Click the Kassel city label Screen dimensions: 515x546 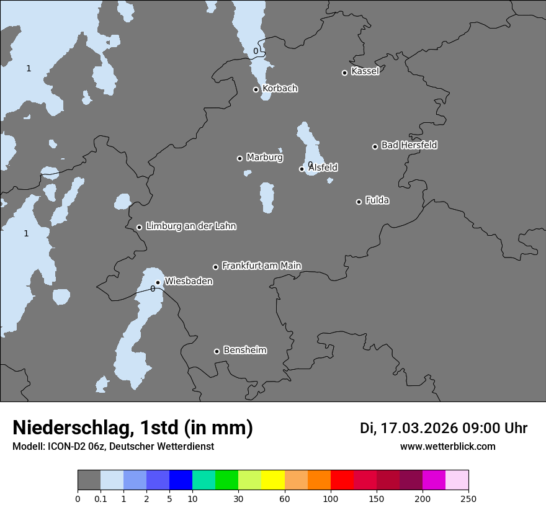click(365, 71)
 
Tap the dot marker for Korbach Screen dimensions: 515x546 click(256, 89)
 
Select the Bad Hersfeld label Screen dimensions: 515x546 click(409, 145)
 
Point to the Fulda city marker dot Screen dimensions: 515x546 click(359, 202)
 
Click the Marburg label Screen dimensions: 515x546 click(264, 158)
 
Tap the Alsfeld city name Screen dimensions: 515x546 click(323, 168)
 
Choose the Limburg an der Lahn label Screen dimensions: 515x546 click(190, 226)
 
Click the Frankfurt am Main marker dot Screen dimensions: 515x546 click(216, 267)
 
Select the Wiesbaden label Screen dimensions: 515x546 click(189, 282)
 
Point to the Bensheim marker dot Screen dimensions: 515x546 click(217, 351)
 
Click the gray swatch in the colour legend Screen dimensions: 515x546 click(89, 481)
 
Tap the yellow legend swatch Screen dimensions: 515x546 click(273, 481)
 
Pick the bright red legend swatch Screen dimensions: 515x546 click(342, 481)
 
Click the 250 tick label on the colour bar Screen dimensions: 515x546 click(468, 499)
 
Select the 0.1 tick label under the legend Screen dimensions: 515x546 click(101, 499)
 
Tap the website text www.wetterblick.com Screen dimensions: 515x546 click(447, 447)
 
